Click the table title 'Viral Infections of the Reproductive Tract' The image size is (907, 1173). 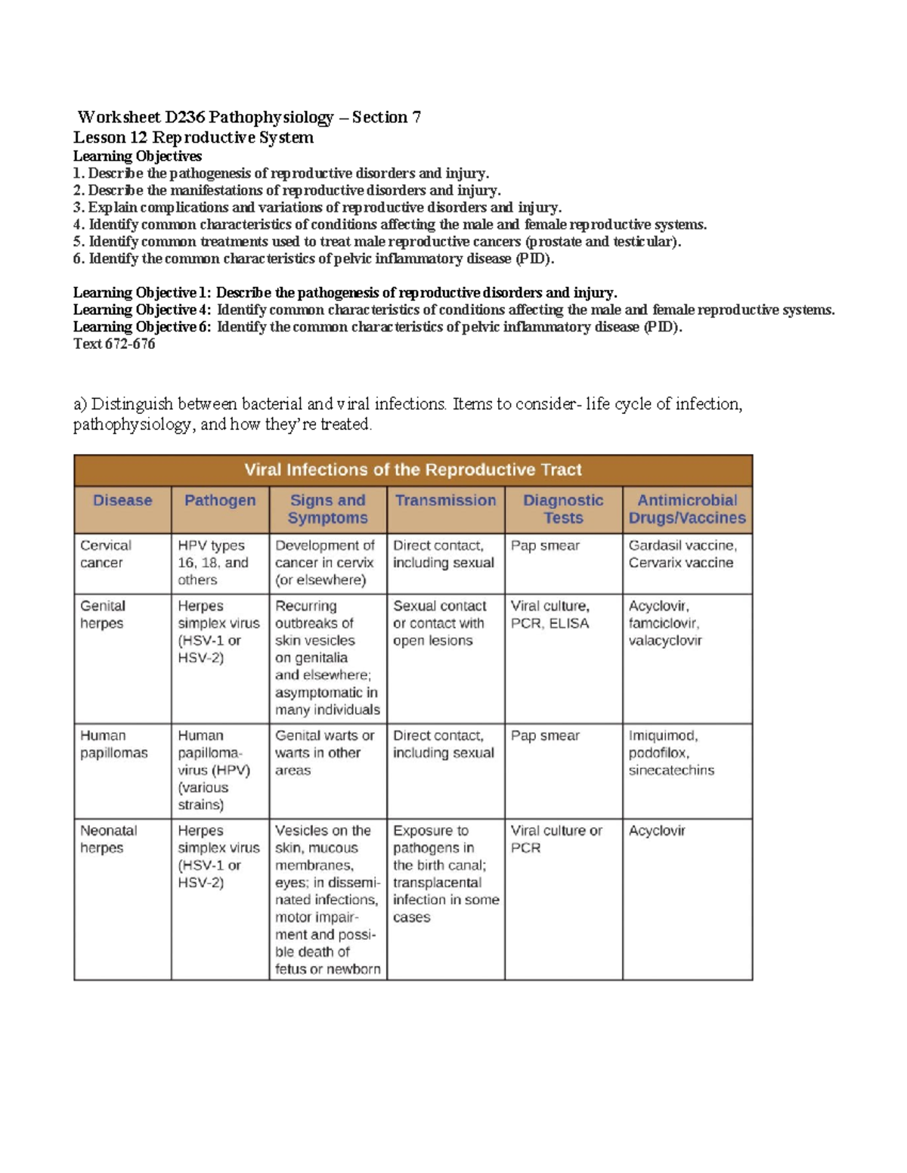(413, 470)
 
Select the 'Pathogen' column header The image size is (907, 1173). (220, 500)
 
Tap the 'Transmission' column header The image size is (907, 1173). (445, 500)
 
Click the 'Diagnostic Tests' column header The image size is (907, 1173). (563, 509)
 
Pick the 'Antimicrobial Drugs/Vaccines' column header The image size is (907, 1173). (687, 509)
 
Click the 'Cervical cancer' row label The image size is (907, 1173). (106, 554)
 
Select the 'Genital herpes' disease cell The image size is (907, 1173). (102, 614)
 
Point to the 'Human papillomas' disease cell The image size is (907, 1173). (113, 744)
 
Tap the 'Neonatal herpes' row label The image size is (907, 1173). (109, 839)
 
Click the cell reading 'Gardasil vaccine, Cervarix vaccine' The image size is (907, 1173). (683, 554)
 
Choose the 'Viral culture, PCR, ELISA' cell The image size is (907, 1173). (550, 614)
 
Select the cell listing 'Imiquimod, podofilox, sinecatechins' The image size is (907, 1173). (671, 752)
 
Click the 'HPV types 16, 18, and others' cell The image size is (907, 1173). (212, 563)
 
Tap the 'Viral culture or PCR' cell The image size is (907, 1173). (556, 839)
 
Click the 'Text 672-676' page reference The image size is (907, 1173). (114, 344)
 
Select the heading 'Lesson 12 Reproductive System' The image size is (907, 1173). (193, 137)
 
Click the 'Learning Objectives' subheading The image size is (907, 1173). (137, 156)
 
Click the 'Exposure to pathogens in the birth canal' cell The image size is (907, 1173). (445, 873)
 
